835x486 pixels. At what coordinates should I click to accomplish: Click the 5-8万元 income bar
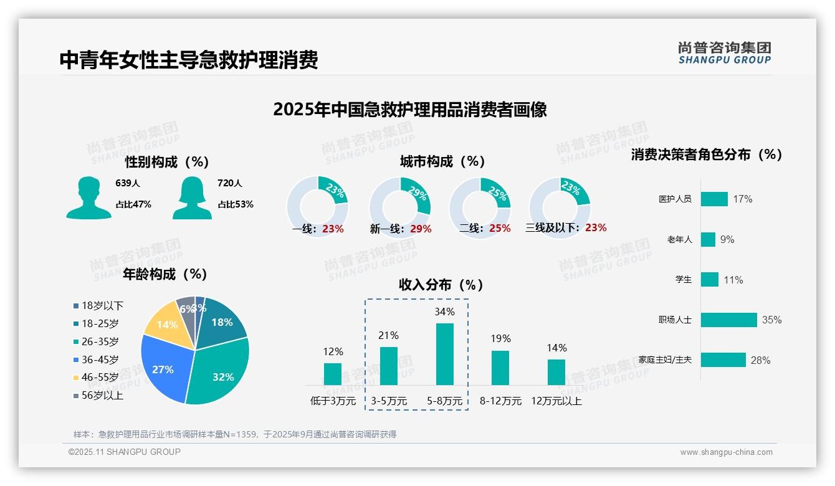tap(444, 354)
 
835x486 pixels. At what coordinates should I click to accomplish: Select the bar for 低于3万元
tap(333, 374)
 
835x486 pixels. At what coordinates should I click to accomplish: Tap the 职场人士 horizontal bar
tap(728, 320)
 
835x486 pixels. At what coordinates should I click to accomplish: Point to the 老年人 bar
tap(708, 239)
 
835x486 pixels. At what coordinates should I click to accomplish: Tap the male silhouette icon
tap(88, 198)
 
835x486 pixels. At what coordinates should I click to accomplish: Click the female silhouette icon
tap(191, 198)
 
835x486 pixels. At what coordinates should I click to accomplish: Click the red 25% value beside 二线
tap(500, 229)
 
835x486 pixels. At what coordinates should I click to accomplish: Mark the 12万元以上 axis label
tap(556, 401)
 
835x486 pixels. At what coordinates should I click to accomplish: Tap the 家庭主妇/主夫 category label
tap(665, 360)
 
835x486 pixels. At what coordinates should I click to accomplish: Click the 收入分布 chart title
tap(441, 285)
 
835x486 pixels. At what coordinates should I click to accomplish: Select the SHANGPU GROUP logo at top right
tap(724, 52)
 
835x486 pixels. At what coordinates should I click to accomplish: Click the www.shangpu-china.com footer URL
tap(726, 452)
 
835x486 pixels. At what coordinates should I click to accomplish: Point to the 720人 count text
tap(229, 183)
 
